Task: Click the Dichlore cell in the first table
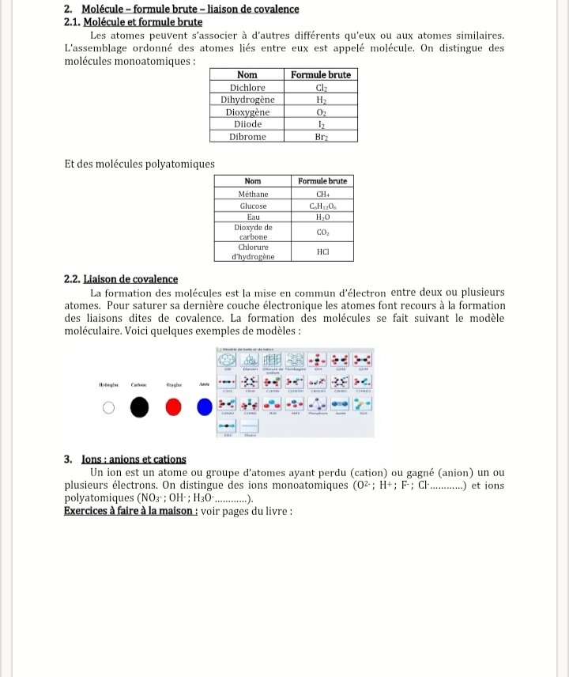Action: point(247,88)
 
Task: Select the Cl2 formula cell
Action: point(321,88)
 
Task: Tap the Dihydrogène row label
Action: point(247,100)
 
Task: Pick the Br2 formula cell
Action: point(321,136)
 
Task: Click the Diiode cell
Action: point(247,124)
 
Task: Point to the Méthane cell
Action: point(253,194)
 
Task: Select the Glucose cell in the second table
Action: point(253,206)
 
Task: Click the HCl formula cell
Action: point(322,252)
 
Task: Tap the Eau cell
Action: point(253,217)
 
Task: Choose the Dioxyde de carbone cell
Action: point(253,232)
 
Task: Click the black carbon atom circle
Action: point(139,407)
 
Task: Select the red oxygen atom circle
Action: point(175,407)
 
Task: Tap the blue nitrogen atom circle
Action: point(205,407)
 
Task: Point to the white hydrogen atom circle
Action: point(109,408)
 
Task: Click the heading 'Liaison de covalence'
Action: point(130,279)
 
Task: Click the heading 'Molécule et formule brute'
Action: point(142,22)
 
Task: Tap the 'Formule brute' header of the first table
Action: point(321,75)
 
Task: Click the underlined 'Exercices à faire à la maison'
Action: point(130,511)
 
